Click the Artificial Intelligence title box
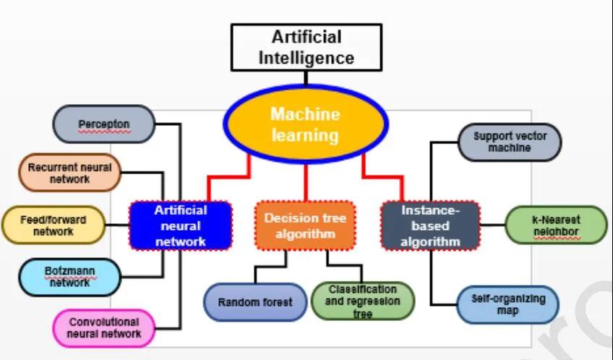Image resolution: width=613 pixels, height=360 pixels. pos(306,47)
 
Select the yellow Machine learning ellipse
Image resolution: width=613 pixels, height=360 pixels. pos(305,124)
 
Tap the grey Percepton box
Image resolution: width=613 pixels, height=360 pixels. pos(104,124)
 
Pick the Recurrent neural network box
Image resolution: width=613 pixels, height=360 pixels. pos(69,173)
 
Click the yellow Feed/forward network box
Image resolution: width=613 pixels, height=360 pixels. pos(53,226)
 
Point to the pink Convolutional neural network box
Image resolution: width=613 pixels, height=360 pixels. pos(104,328)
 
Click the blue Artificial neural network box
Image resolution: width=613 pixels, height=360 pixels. pos(181,226)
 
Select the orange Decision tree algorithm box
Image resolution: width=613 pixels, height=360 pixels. pos(305,226)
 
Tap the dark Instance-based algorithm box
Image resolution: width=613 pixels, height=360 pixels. pos(430,226)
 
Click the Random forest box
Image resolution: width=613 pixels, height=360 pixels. pos(255,301)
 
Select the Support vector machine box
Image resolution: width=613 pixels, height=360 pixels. pos(510,142)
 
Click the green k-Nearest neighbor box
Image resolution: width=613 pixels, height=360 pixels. pos(555,225)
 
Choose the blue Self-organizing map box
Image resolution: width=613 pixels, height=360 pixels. pos(508,304)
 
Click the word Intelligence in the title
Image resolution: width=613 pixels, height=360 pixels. pos(306,58)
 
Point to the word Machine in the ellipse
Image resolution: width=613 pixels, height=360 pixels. pos(304,114)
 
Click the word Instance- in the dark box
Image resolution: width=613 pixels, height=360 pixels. pos(431,210)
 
